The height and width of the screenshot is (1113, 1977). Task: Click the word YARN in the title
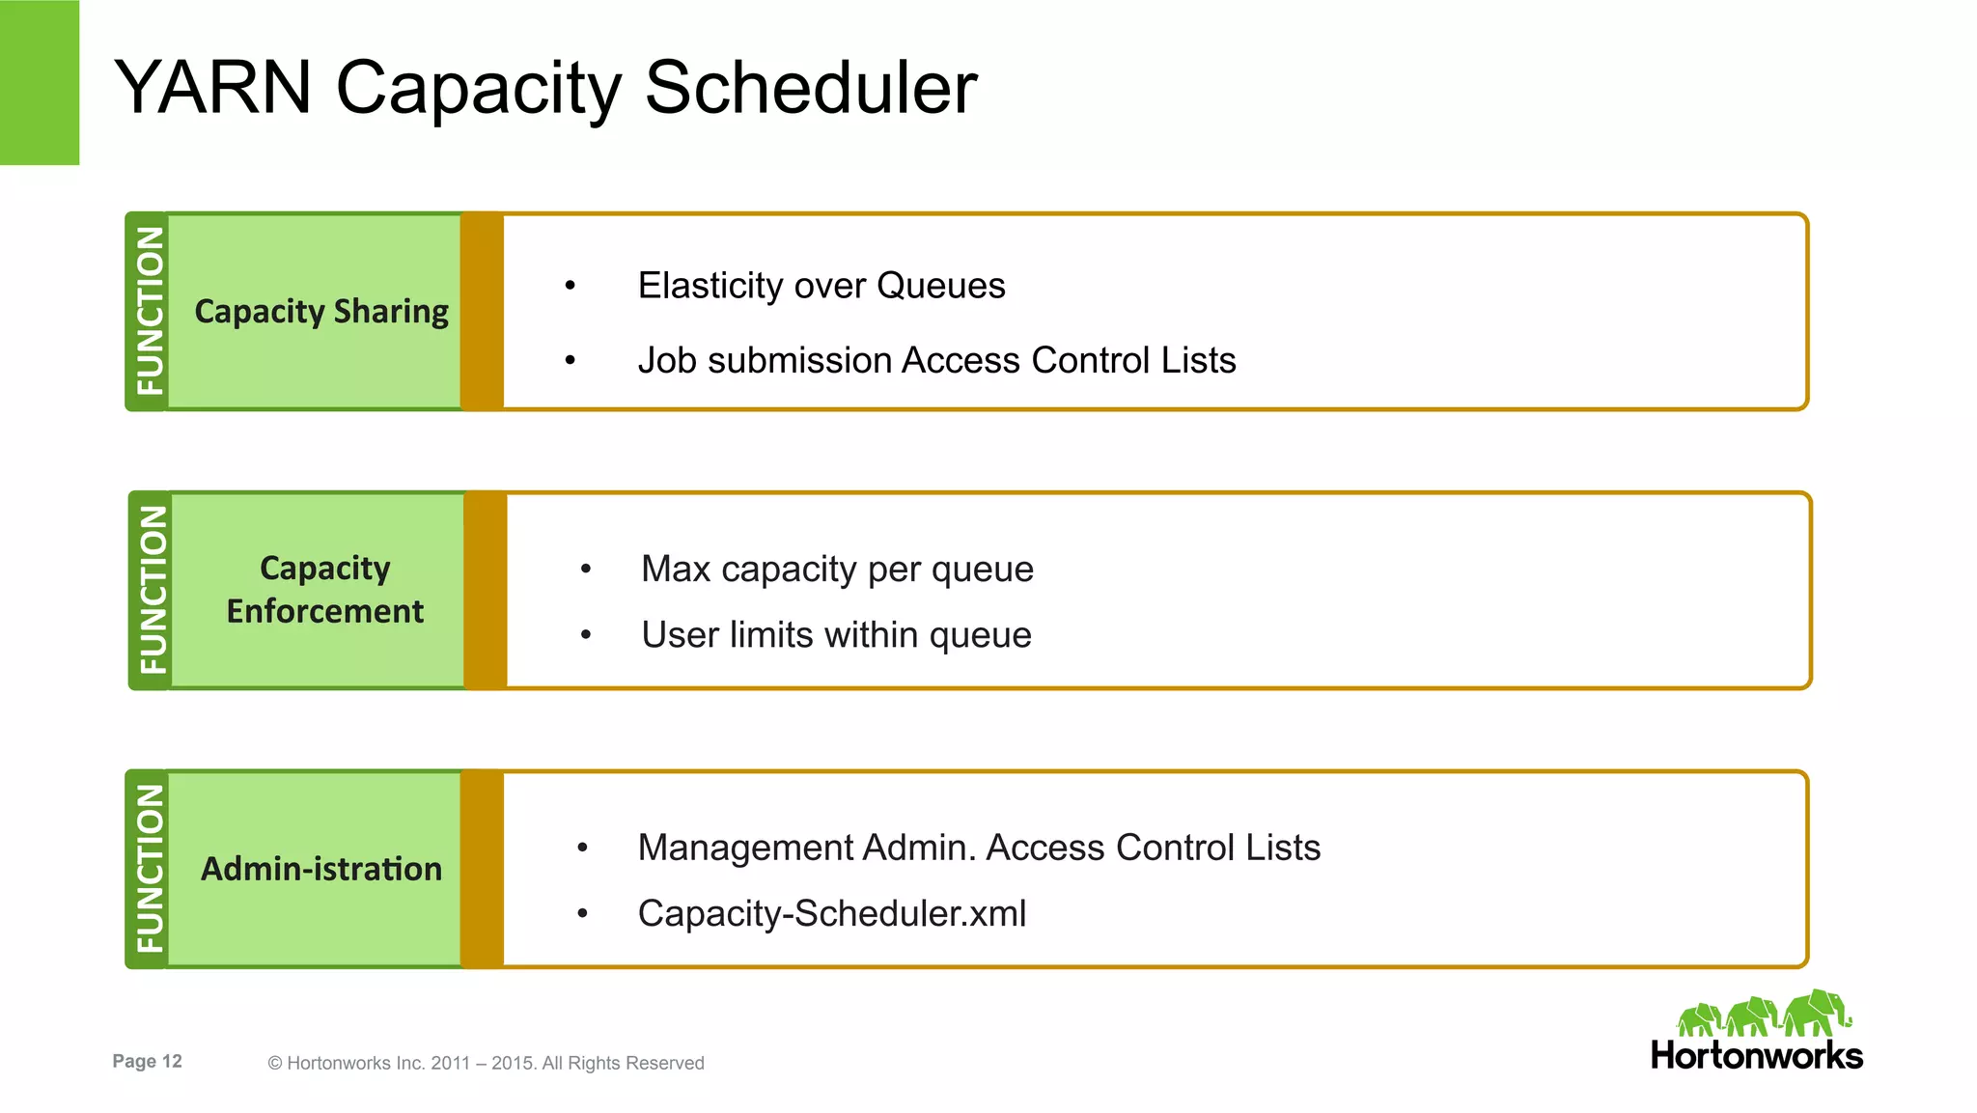pyautogui.click(x=213, y=88)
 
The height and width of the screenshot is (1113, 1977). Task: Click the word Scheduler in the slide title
pyautogui.click(x=810, y=88)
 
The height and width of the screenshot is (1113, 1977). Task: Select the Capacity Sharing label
pyautogui.click(x=321, y=311)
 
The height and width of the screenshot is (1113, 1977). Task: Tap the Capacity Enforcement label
pyautogui.click(x=325, y=589)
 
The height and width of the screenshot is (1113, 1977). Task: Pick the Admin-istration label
pyautogui.click(x=321, y=869)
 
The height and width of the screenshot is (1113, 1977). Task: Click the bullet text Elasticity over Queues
pyautogui.click(x=821, y=286)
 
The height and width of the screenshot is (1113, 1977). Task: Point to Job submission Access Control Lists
pyautogui.click(x=936, y=360)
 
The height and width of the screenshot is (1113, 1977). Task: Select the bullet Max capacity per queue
pyautogui.click(x=837, y=569)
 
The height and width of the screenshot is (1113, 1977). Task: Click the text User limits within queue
pyautogui.click(x=836, y=635)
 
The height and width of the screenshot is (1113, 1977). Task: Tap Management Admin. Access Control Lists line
pyautogui.click(x=979, y=848)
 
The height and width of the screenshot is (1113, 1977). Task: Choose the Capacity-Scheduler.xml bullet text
pyautogui.click(x=832, y=913)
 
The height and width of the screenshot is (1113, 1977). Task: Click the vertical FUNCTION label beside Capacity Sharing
pyautogui.click(x=150, y=311)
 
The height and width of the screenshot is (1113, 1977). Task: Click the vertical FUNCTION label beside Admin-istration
pyautogui.click(x=150, y=869)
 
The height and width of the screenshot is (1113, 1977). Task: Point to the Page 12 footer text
pyautogui.click(x=147, y=1061)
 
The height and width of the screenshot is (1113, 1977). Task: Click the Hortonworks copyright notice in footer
pyautogui.click(x=486, y=1063)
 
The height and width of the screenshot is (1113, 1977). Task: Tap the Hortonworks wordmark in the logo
pyautogui.click(x=1756, y=1055)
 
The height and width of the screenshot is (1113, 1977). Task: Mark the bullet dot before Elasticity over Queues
pyautogui.click(x=571, y=286)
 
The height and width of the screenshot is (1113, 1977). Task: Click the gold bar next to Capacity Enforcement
pyautogui.click(x=486, y=590)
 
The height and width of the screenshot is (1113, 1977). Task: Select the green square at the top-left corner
pyautogui.click(x=40, y=82)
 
